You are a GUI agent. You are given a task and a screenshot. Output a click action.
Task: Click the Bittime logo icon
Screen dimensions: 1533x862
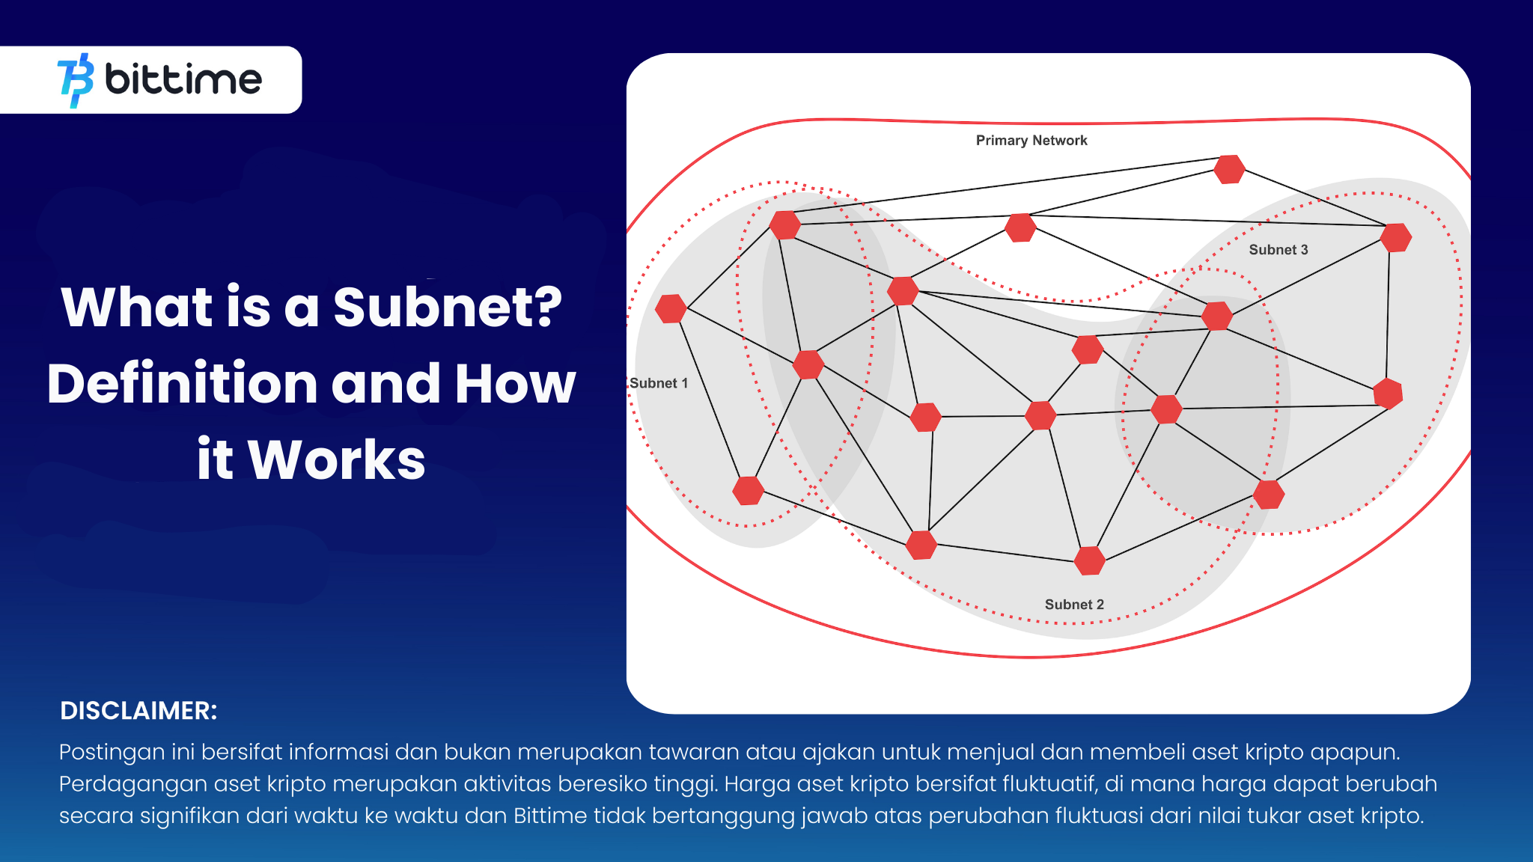coord(76,80)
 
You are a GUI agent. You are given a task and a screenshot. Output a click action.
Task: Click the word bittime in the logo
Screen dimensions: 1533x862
coord(183,79)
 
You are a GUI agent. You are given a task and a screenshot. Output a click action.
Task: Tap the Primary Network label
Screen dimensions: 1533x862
coord(1031,141)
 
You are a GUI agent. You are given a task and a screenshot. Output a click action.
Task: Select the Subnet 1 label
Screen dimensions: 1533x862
coord(659,383)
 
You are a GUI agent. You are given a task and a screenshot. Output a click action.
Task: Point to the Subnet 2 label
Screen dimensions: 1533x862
coord(1074,605)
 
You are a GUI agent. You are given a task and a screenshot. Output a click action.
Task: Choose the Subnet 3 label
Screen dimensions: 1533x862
coord(1278,250)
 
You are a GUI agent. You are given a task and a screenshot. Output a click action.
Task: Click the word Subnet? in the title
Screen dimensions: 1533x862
coord(447,307)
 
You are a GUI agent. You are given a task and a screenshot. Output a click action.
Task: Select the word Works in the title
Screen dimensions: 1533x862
coord(336,459)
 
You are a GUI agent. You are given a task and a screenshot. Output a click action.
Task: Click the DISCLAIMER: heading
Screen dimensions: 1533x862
coord(138,711)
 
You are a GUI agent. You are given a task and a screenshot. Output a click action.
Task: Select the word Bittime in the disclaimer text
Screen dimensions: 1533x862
coord(550,815)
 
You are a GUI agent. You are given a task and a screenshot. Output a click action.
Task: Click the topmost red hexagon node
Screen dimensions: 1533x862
coord(1229,169)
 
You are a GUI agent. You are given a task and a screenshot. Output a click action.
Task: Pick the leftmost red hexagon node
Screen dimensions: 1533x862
coord(671,308)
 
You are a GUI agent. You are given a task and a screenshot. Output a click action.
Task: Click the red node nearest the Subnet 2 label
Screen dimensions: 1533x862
coord(1090,560)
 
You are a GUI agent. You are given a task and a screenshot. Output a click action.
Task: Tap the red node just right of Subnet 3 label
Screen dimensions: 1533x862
coord(1396,238)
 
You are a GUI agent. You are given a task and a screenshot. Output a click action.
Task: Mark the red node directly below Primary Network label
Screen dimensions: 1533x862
coord(1020,227)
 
